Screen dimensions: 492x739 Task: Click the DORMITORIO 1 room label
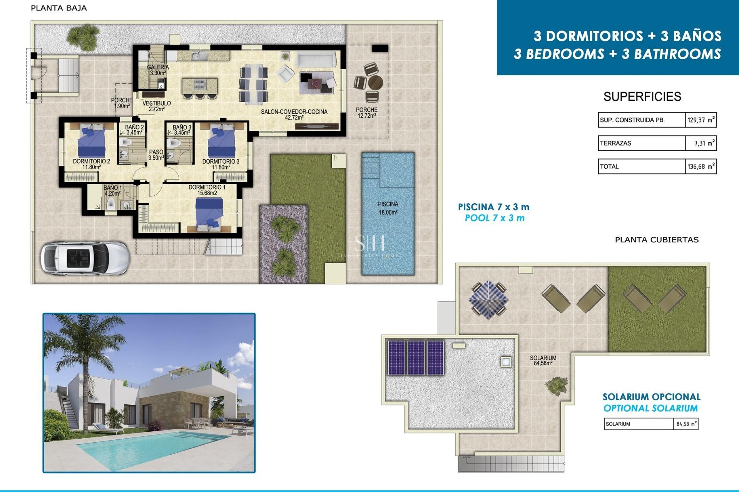[207, 190]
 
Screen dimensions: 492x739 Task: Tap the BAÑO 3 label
[182, 130]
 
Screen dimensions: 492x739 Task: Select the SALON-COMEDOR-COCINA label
[294, 114]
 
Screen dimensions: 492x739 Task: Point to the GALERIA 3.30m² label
[158, 70]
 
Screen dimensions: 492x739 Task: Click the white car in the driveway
[85, 258]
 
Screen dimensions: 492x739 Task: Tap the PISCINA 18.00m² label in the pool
[388, 208]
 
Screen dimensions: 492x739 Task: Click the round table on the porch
[375, 82]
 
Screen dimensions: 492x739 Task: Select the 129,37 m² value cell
[701, 120]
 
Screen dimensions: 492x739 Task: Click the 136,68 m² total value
[701, 166]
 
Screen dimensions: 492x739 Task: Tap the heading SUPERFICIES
[642, 96]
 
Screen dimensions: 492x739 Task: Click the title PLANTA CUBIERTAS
[657, 240]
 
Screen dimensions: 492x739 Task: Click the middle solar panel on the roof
[416, 358]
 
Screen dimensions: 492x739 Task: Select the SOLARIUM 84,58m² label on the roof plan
[543, 360]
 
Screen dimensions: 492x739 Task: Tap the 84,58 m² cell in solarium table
[685, 424]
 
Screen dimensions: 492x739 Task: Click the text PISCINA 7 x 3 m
[493, 207]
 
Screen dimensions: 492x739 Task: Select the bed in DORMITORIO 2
[91, 140]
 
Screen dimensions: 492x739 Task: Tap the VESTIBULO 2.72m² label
[156, 106]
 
